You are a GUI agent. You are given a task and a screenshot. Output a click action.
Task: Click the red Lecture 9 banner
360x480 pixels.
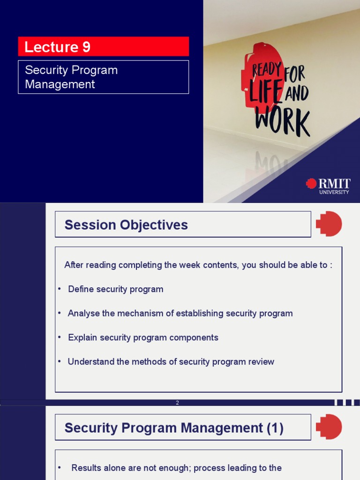(x=103, y=47)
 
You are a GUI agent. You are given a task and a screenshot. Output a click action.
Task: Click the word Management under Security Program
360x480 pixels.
(x=60, y=84)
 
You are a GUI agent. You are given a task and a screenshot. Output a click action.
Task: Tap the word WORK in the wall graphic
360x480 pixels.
(x=282, y=123)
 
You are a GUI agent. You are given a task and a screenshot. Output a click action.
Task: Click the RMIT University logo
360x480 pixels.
(x=328, y=186)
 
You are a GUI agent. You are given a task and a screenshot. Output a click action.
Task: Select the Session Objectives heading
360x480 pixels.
(x=126, y=225)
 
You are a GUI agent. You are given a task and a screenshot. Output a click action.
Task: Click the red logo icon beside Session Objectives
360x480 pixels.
(x=329, y=224)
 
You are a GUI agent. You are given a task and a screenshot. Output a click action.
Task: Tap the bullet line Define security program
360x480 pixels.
(x=115, y=289)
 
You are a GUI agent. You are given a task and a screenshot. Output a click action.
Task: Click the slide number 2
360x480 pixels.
(x=177, y=403)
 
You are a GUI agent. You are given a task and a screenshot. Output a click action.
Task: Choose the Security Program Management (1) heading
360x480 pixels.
(x=174, y=428)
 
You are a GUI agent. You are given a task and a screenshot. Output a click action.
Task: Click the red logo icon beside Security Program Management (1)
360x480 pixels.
(x=329, y=427)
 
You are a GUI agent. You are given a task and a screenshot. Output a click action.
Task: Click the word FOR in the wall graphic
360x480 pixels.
(x=295, y=74)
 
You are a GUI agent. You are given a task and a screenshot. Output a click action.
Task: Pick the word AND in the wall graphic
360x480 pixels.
(x=297, y=93)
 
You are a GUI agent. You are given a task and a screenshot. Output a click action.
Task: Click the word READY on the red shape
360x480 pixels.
(x=267, y=70)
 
